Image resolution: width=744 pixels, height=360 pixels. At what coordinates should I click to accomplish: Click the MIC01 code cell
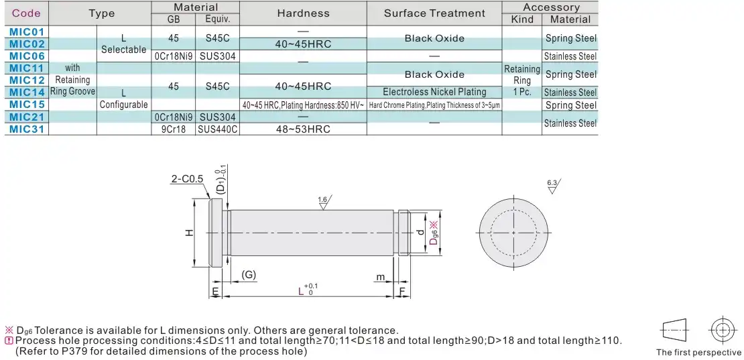27,32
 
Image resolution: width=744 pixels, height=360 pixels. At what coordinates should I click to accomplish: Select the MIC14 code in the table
27,92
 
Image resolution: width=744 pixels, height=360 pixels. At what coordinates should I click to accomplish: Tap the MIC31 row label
27,129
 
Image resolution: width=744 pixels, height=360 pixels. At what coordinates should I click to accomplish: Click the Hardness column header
303,13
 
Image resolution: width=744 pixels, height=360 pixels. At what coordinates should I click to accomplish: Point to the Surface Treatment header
434,13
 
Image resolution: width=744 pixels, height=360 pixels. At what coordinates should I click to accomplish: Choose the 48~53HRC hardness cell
303,129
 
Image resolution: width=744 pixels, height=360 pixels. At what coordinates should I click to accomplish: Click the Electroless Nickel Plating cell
434,92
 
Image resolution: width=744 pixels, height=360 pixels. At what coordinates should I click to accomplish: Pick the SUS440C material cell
217,129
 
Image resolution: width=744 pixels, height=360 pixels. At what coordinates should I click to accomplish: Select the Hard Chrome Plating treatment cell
434,105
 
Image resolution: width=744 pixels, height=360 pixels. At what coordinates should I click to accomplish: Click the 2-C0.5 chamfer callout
187,179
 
